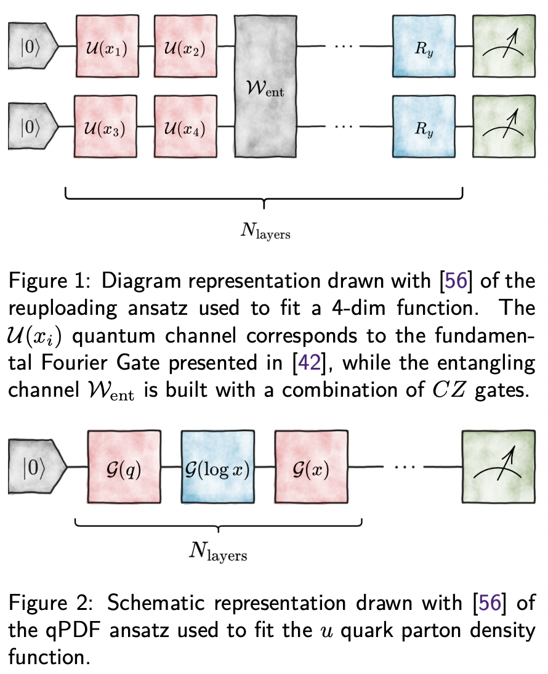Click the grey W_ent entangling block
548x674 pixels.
coord(265,88)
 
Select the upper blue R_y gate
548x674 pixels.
coord(422,47)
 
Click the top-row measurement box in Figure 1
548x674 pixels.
coord(503,47)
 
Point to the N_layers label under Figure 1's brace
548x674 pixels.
coord(264,233)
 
